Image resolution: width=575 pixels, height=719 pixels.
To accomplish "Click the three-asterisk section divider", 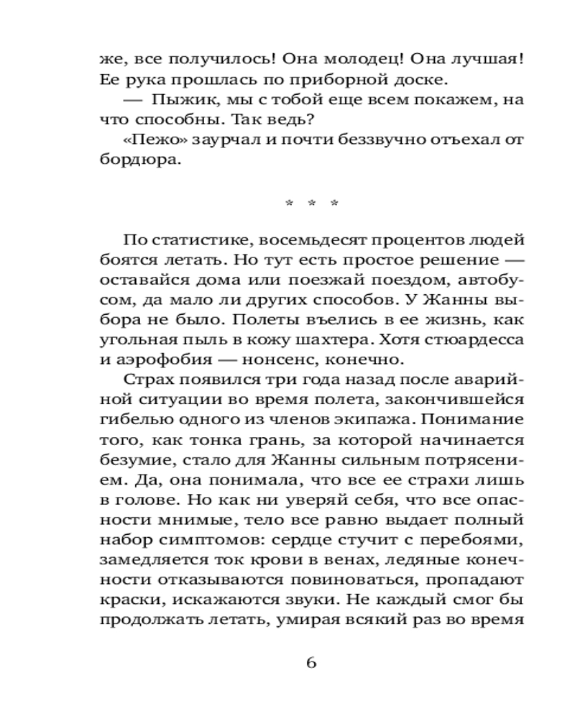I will pos(311,204).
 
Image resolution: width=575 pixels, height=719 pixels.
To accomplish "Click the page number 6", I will pos(311,663).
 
